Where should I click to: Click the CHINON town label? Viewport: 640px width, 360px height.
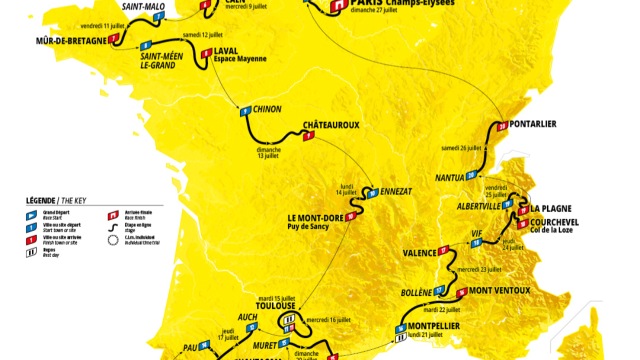tap(267, 109)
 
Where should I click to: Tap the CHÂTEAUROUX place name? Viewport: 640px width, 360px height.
tap(331, 125)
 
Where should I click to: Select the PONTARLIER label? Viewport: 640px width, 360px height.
tap(533, 124)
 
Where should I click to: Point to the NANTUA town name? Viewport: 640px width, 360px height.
tap(449, 177)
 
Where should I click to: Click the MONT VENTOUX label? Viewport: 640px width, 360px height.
tap(499, 290)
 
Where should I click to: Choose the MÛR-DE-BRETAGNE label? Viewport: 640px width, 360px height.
tap(71, 40)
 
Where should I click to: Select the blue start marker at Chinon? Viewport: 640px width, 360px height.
tap(245, 111)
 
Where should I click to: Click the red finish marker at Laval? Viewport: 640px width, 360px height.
tap(205, 53)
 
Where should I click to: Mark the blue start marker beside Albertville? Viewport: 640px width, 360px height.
tap(507, 203)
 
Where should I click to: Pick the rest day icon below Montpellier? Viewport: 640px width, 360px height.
tap(400, 338)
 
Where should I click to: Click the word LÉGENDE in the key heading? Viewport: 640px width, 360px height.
tap(40, 201)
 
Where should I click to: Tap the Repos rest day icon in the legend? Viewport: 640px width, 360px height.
tap(31, 252)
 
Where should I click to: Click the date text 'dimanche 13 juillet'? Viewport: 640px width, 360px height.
tap(268, 152)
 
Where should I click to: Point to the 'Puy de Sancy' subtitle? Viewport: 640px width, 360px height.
tap(307, 226)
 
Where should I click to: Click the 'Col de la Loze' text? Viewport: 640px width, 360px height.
tap(551, 230)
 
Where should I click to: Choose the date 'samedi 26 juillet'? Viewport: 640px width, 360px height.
tap(461, 148)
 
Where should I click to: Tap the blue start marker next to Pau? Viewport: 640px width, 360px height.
tap(203, 345)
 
